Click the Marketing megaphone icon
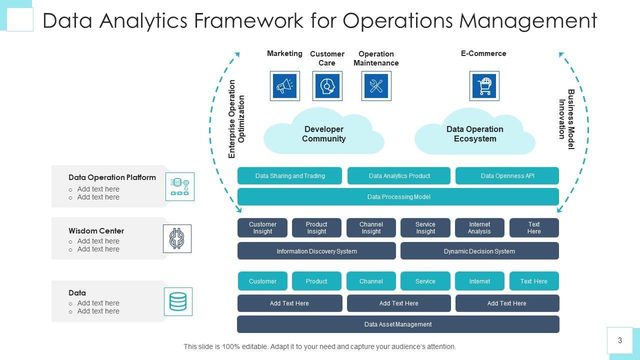285,86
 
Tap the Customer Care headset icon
327,86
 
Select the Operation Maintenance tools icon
376,86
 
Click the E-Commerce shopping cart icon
484,86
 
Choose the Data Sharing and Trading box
289,176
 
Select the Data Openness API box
507,176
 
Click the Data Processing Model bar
398,197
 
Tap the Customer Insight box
262,228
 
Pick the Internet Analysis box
479,228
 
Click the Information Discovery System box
316,251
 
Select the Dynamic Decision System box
479,251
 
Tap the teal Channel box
371,281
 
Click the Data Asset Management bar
398,324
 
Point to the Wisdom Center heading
96,231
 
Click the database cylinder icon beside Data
178,301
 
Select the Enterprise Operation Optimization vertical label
236,119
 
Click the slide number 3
620,340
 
